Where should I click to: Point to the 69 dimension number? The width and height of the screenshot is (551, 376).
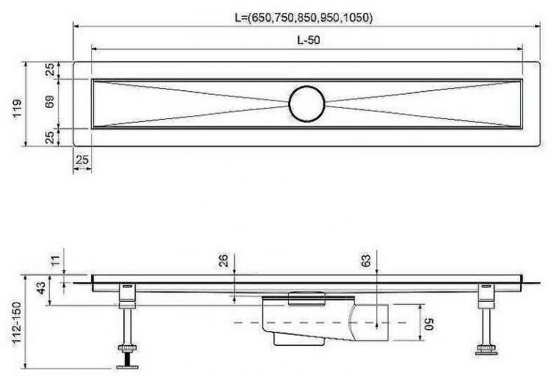point(49,104)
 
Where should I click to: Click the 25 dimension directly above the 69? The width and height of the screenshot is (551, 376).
point(49,70)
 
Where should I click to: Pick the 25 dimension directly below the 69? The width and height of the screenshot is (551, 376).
point(49,137)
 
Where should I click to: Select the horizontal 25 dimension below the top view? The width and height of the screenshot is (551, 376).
point(82,159)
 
